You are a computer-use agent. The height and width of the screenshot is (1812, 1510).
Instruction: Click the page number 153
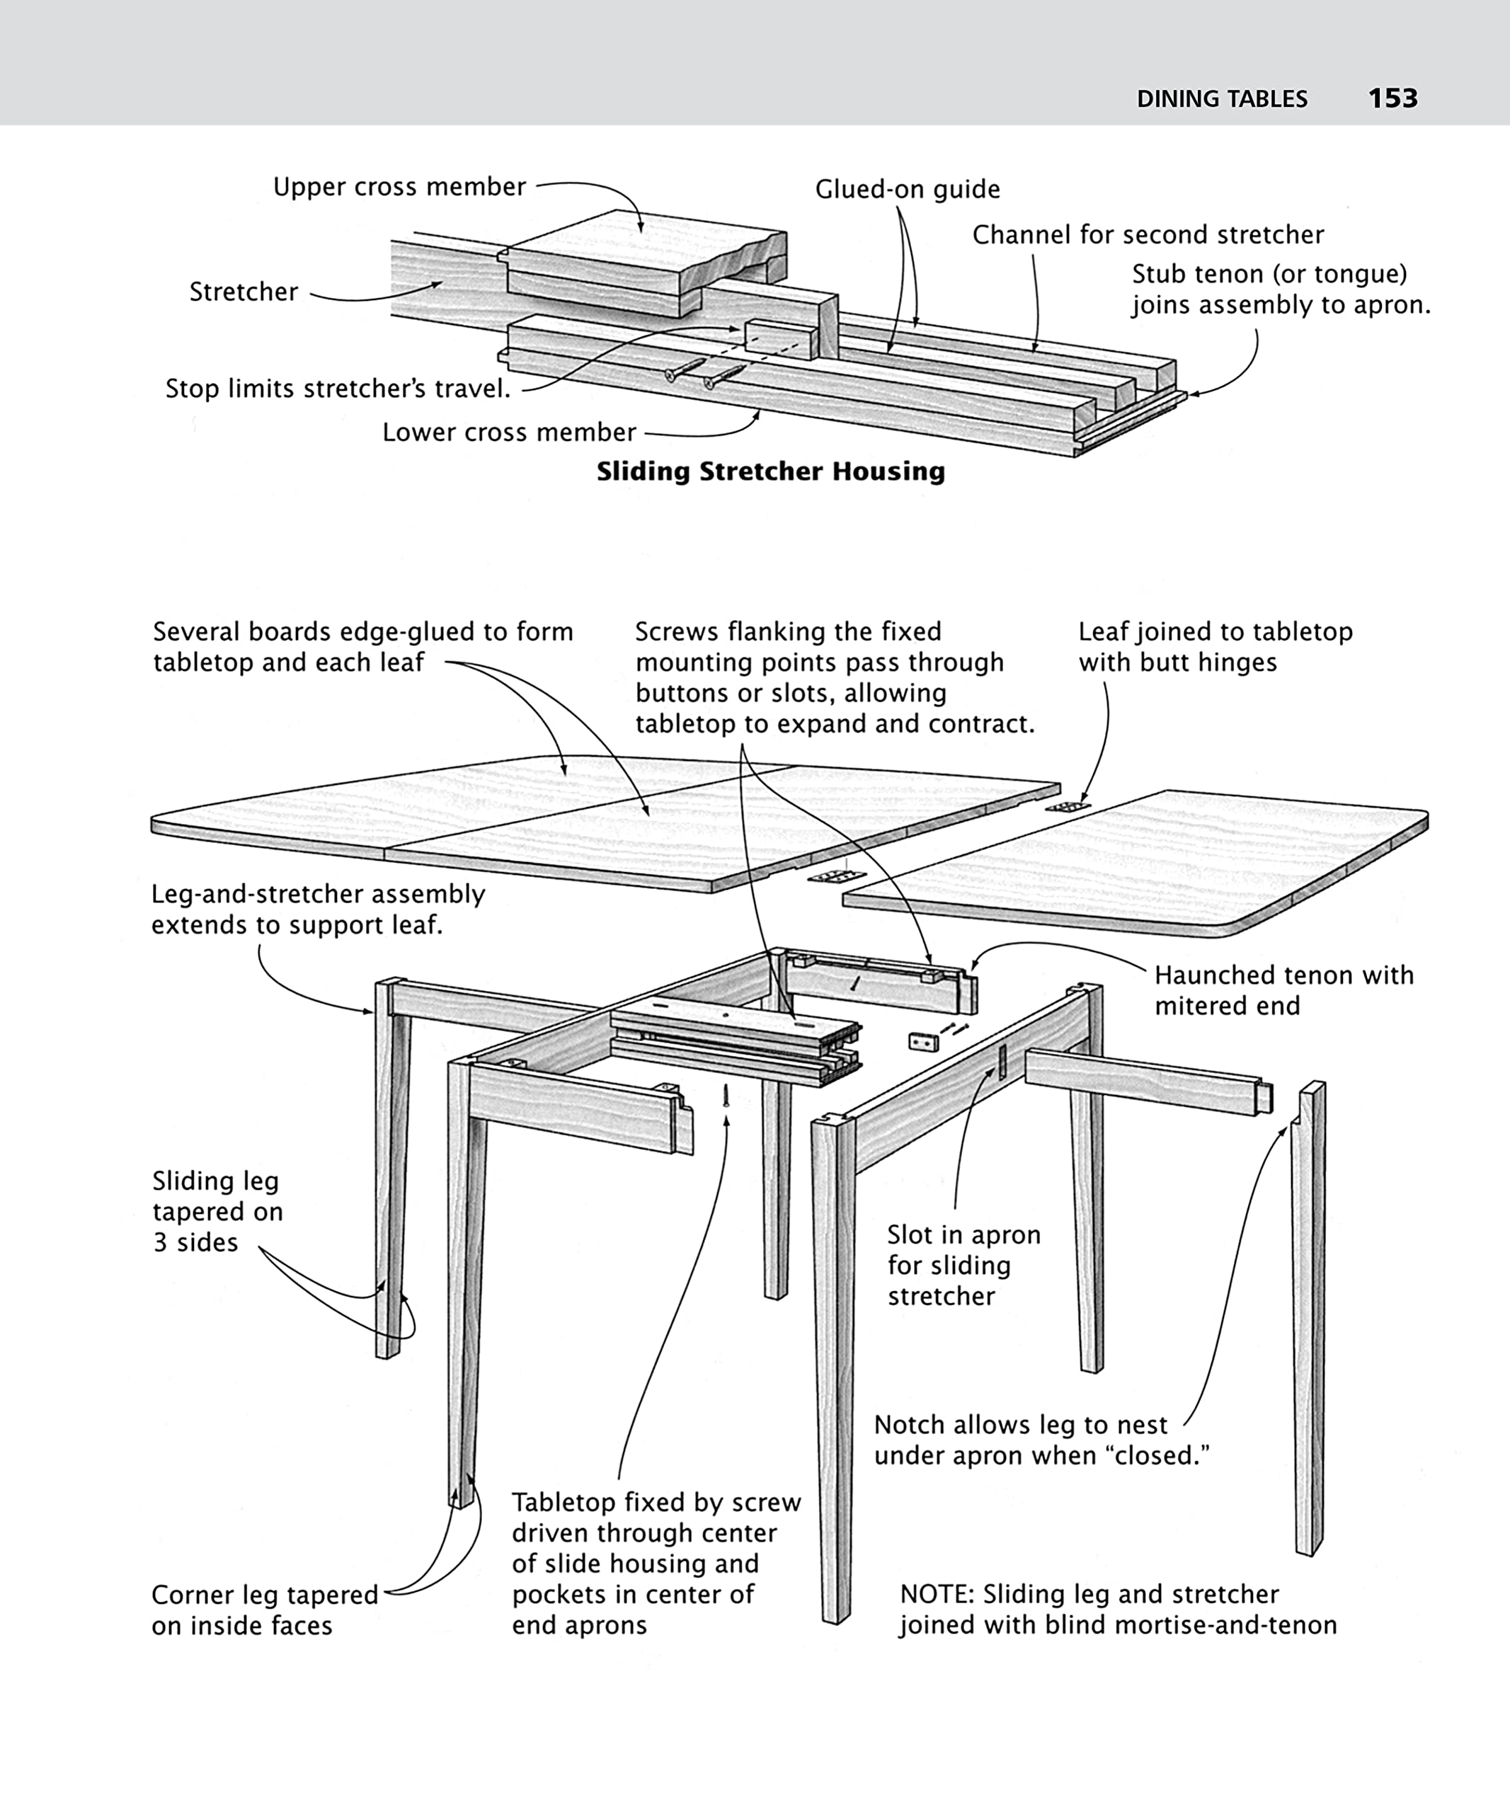pyautogui.click(x=1392, y=98)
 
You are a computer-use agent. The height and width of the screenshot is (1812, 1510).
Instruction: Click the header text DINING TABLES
pyautogui.click(x=1222, y=99)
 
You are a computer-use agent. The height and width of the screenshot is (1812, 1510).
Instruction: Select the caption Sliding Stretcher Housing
pyautogui.click(x=770, y=471)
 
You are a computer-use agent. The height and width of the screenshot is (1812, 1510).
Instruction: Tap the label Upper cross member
pyautogui.click(x=399, y=188)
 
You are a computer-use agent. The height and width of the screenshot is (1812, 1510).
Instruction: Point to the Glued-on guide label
pyautogui.click(x=908, y=189)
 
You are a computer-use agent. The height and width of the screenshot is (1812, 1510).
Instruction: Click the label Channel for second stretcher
pyautogui.click(x=1148, y=235)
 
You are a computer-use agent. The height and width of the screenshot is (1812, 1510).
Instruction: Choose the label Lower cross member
pyautogui.click(x=509, y=432)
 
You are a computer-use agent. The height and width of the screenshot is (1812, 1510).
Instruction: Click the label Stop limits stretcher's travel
pyautogui.click(x=338, y=389)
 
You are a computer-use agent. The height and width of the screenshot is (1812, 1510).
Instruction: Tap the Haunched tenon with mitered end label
pyautogui.click(x=1284, y=990)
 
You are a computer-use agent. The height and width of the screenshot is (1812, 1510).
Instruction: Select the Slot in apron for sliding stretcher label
pyautogui.click(x=963, y=1265)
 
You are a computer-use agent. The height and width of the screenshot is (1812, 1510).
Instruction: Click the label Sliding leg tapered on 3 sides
pyautogui.click(x=217, y=1212)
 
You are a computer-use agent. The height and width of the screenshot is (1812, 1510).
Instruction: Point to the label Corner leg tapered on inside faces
pyautogui.click(x=264, y=1610)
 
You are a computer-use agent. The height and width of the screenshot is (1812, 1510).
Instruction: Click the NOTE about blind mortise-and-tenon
pyautogui.click(x=1117, y=1610)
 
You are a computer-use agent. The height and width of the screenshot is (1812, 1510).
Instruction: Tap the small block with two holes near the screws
pyautogui.click(x=923, y=1043)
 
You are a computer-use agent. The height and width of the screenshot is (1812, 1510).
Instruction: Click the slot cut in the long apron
pyautogui.click(x=1002, y=1062)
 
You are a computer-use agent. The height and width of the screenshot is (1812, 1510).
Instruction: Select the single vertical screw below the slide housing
pyautogui.click(x=726, y=1096)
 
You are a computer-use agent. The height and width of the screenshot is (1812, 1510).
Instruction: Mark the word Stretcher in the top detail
pyautogui.click(x=244, y=292)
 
